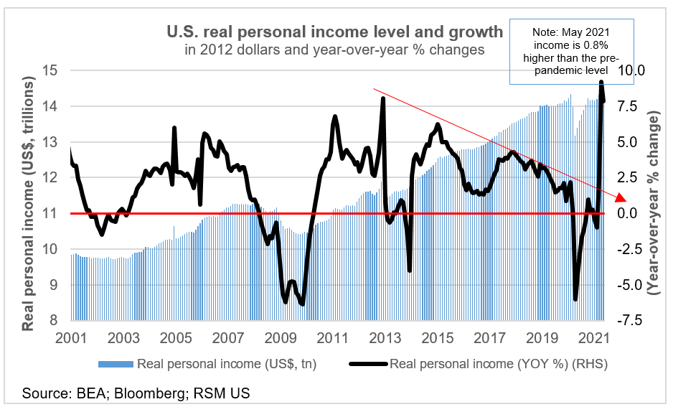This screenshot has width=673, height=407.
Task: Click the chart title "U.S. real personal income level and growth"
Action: click(x=335, y=32)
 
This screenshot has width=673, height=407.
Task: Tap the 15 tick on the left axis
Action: click(x=50, y=70)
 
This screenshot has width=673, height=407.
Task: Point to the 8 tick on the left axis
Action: click(x=53, y=321)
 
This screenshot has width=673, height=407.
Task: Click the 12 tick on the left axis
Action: click(x=50, y=177)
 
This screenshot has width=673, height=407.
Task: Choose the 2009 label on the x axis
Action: click(x=280, y=337)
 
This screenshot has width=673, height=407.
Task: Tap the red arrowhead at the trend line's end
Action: click(x=621, y=198)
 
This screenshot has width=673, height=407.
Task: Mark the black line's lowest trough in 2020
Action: click(x=575, y=299)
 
